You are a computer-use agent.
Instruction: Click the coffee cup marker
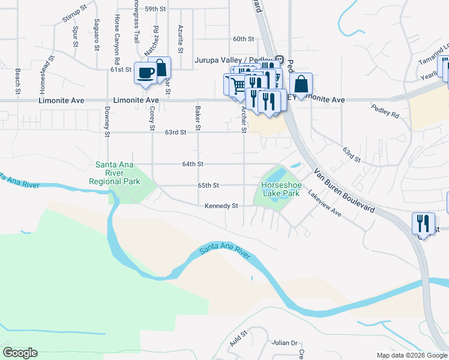[x=146, y=74]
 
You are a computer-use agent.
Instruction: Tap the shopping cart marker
[x=237, y=85]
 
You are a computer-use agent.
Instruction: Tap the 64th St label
[x=193, y=164]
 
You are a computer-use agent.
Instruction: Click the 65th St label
[x=208, y=185]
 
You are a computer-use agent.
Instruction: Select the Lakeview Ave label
[x=324, y=204]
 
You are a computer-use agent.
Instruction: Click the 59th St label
[x=155, y=9]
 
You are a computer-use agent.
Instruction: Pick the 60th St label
[x=244, y=39]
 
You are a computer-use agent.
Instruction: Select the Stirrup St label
[x=75, y=14]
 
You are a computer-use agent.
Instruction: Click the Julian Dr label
[x=285, y=343]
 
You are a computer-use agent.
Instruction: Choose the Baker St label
[x=197, y=118]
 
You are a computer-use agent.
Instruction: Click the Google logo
[x=20, y=353]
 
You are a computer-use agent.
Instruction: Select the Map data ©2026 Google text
[x=412, y=355]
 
